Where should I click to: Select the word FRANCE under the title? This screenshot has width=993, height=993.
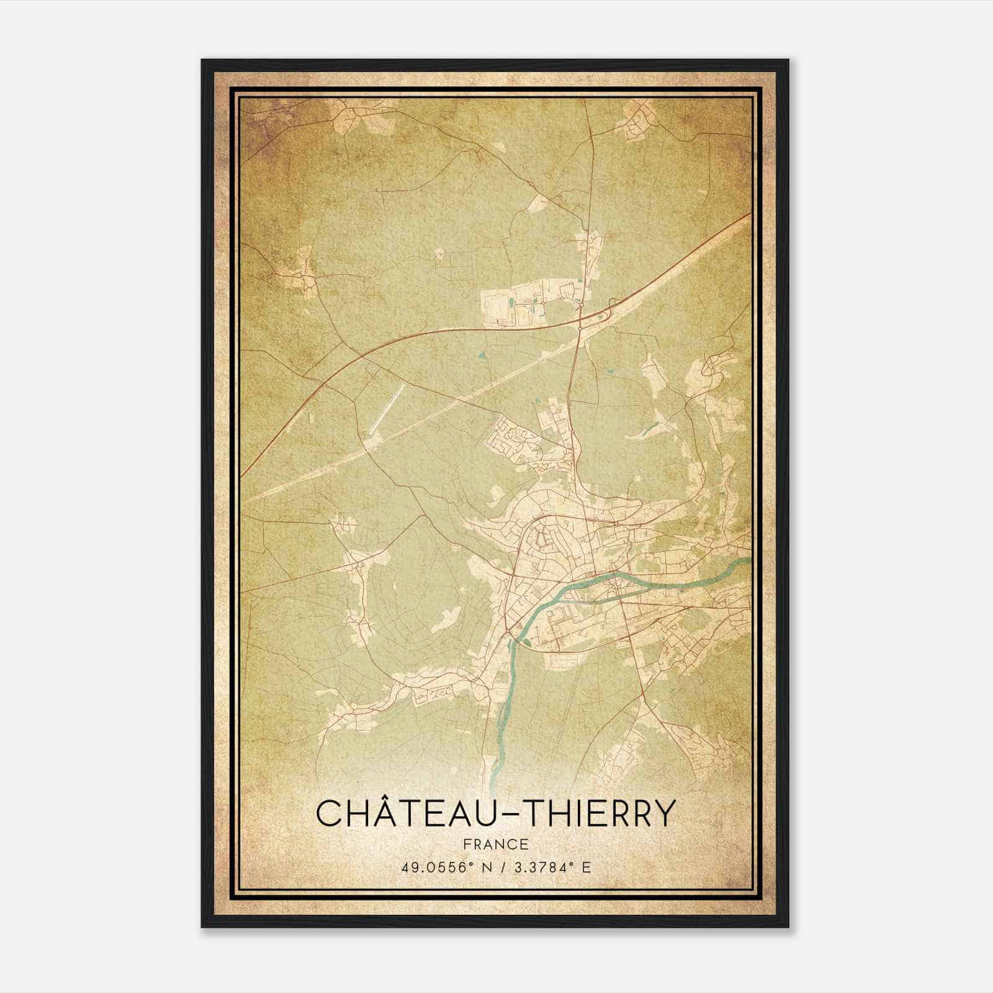click(x=496, y=844)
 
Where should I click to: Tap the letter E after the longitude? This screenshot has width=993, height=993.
click(x=586, y=867)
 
